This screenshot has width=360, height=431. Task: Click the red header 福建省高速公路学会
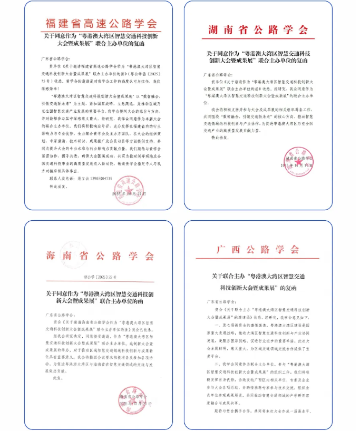click(102, 24)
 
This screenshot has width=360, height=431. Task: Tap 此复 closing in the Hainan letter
click(52, 378)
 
